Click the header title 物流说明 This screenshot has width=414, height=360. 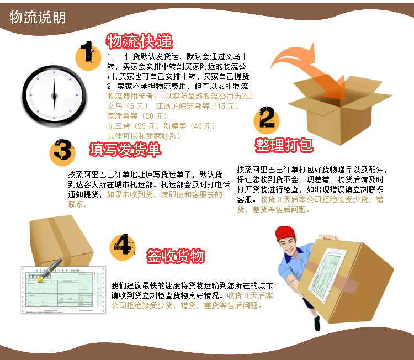click(38, 18)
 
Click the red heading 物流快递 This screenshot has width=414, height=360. click(139, 41)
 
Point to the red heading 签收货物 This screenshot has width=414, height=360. click(176, 256)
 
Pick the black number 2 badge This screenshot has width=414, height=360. click(266, 120)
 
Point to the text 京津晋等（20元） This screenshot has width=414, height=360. click(137, 116)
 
